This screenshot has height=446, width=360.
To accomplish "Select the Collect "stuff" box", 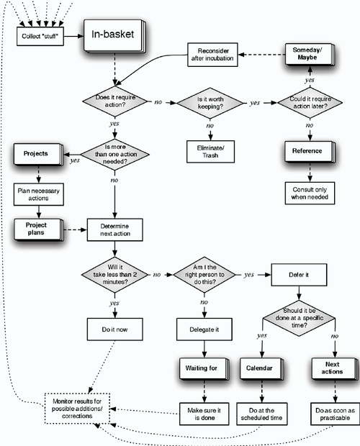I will pyautogui.click(x=40, y=35).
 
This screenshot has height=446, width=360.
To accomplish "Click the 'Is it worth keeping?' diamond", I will pyautogui.click(x=210, y=103).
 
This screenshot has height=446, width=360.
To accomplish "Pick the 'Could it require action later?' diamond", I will pyautogui.click(x=310, y=103).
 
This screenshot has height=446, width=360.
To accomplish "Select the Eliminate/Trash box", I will pyautogui.click(x=210, y=152).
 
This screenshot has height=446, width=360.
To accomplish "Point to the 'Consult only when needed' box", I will pyautogui.click(x=310, y=192).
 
